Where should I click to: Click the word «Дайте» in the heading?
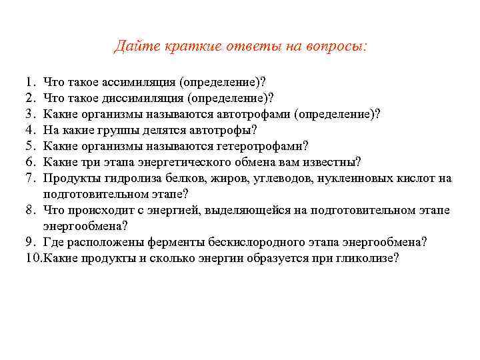(133, 46)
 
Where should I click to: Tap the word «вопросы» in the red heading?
(336, 46)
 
